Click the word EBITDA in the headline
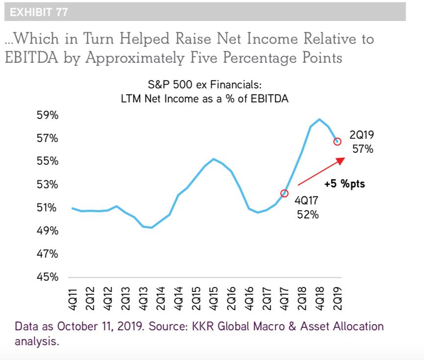36,58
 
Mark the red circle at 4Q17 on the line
284,193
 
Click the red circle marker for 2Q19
337,142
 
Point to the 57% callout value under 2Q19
363,149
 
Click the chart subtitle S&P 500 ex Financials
204,85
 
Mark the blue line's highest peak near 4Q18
320,119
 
